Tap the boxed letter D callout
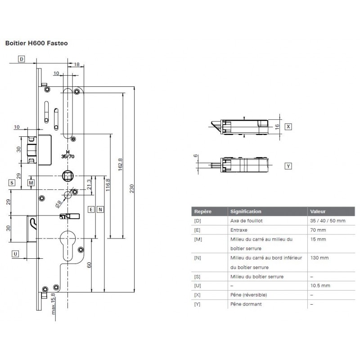pyautogui.click(x=22, y=58)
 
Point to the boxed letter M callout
pyautogui.click(x=31, y=182)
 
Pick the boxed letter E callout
pyautogui.click(x=91, y=210)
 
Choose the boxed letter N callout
pyautogui.click(x=100, y=210)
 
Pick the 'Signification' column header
pyautogui.click(x=246, y=211)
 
